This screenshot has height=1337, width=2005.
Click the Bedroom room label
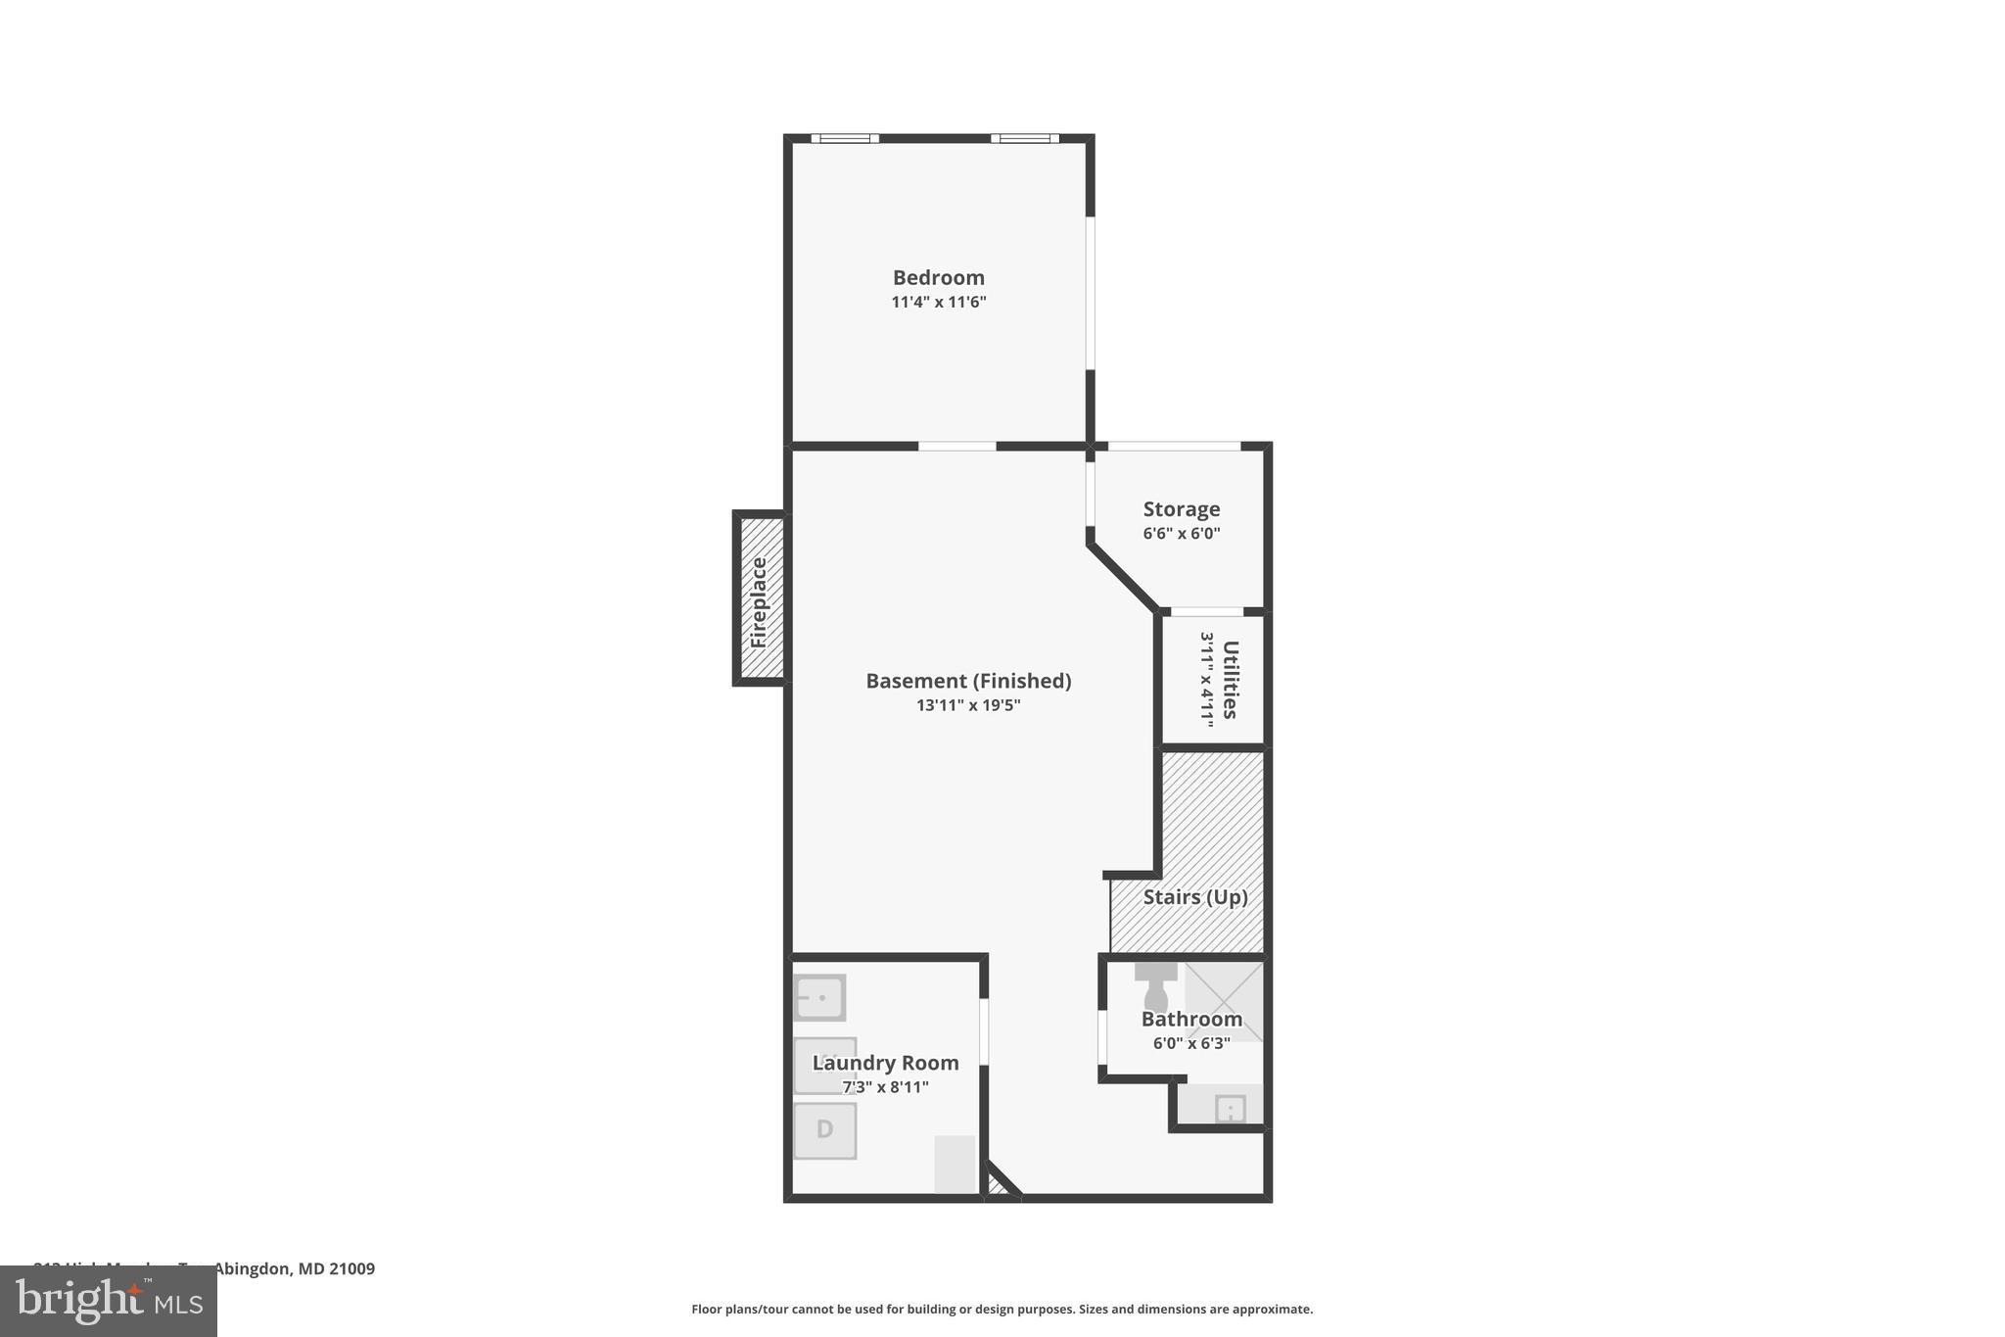coord(938,278)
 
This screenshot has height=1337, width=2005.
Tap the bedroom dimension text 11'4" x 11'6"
coord(938,303)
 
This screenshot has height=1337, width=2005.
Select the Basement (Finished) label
coord(968,681)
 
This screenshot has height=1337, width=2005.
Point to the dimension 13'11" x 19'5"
coord(968,705)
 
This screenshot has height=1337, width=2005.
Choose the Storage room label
coord(1182,509)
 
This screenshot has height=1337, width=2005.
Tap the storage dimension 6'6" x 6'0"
coord(1182,534)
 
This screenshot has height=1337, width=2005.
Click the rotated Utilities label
coord(1231,680)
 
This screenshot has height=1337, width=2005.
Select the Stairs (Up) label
coord(1195,897)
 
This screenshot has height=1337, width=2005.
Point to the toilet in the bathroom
coord(1156,986)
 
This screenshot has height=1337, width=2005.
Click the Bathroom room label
coord(1191,1019)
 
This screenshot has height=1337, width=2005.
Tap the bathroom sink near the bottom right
coord(1230,1109)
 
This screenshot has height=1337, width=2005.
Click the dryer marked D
coord(824,1130)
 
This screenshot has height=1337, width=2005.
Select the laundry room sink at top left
coord(819,998)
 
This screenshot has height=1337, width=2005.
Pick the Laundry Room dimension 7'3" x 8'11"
coord(885,1087)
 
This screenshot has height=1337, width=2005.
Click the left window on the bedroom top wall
coord(845,139)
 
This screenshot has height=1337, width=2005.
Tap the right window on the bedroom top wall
coord(1024,139)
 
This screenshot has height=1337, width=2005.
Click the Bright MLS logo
coord(109,1302)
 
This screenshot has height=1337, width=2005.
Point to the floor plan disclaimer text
coord(1002,1310)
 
